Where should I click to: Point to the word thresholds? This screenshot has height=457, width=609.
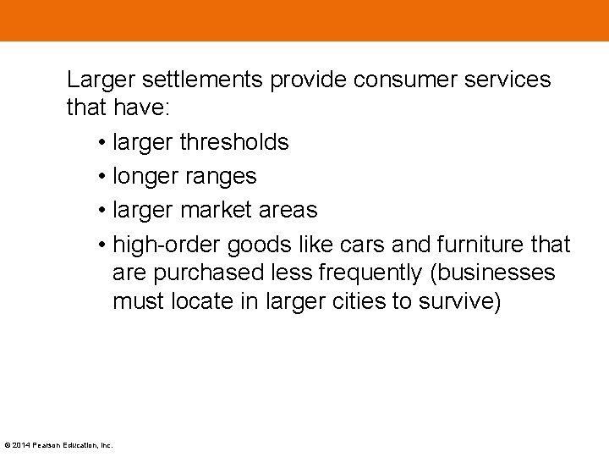click(x=234, y=142)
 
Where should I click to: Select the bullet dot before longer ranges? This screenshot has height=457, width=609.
click(x=101, y=176)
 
